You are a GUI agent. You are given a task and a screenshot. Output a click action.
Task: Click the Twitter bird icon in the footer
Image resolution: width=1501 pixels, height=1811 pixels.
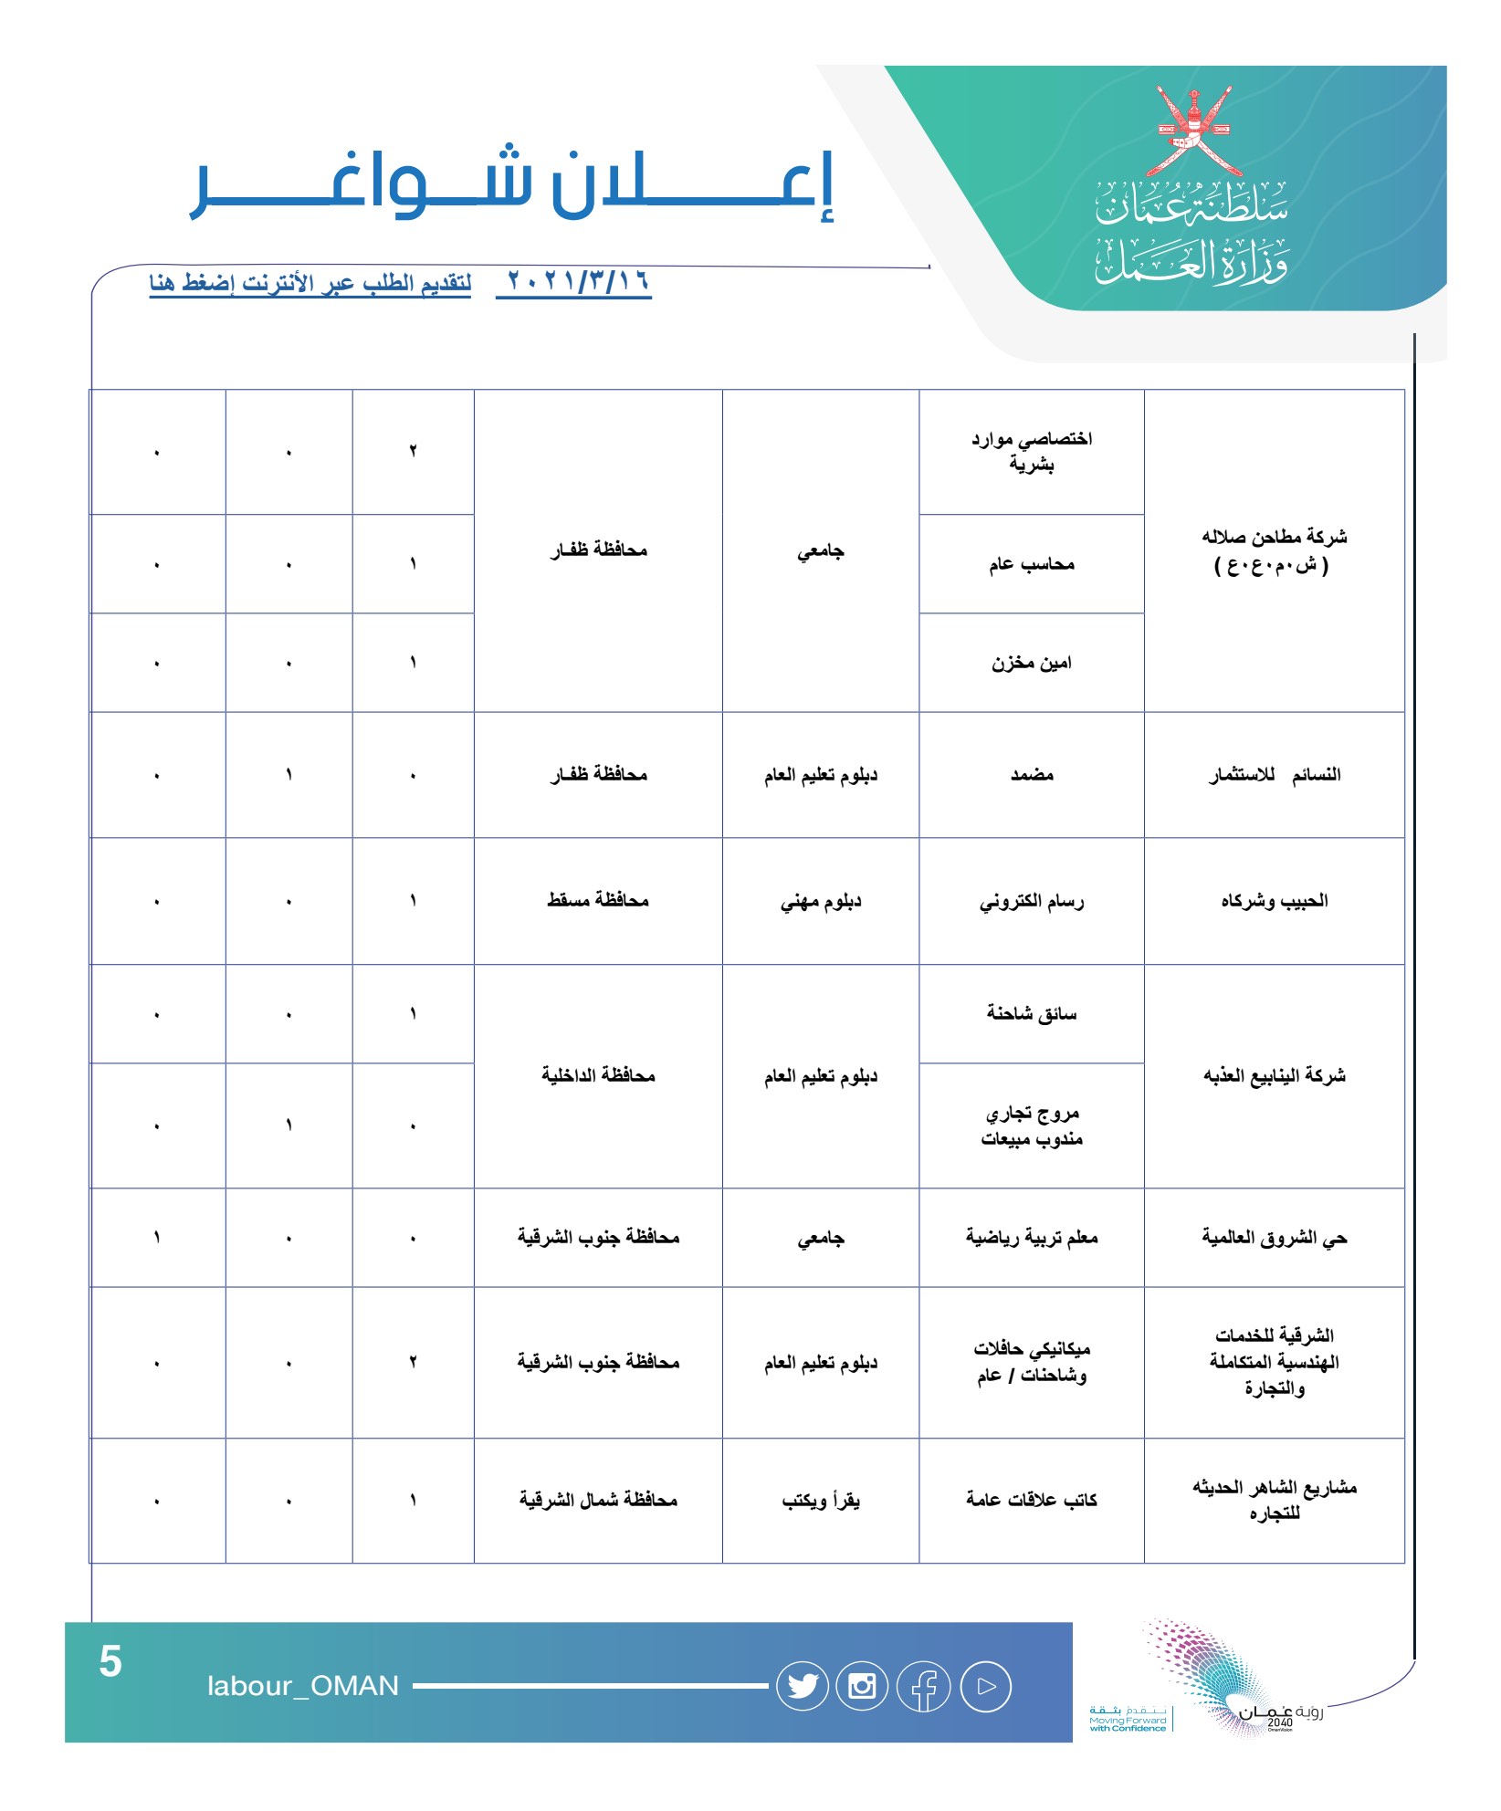(x=803, y=1686)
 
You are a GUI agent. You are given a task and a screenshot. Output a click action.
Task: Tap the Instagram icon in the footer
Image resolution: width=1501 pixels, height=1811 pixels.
(x=862, y=1686)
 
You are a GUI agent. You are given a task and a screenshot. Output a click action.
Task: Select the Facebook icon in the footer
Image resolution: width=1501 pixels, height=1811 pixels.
(x=924, y=1687)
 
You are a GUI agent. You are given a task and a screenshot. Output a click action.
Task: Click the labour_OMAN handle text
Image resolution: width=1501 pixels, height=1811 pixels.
(x=303, y=1686)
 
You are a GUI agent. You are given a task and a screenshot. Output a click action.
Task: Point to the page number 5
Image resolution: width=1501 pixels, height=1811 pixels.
(x=110, y=1660)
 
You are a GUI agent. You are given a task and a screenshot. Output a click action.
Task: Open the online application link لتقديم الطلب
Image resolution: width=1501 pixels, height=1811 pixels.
(x=310, y=283)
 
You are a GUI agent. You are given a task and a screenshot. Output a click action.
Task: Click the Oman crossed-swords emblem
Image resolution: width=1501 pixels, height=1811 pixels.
(x=1193, y=132)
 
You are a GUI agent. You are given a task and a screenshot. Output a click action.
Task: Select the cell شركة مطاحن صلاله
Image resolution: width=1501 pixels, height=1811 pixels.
(x=1274, y=550)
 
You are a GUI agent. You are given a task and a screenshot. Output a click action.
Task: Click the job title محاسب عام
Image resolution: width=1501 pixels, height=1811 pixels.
(x=1032, y=564)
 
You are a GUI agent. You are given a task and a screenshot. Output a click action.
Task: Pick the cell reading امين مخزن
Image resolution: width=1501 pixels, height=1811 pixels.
(x=1032, y=663)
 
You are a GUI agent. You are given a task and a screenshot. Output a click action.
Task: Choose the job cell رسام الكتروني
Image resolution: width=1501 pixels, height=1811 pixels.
(x=1032, y=902)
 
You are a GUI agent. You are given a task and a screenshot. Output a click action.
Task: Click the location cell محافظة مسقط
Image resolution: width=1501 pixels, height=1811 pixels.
(x=598, y=901)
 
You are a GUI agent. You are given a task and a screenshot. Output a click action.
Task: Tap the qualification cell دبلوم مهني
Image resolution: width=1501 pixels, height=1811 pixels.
(x=821, y=902)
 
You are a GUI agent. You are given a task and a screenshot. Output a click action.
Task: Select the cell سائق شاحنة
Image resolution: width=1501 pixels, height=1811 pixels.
(x=1032, y=1013)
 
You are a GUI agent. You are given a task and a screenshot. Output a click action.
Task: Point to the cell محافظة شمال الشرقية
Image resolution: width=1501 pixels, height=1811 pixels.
(x=598, y=1500)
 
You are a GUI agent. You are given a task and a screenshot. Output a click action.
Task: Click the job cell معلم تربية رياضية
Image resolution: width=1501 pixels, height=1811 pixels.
(x=1032, y=1238)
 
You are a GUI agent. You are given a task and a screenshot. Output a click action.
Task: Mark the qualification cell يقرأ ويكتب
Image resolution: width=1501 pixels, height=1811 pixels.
(x=821, y=1501)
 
